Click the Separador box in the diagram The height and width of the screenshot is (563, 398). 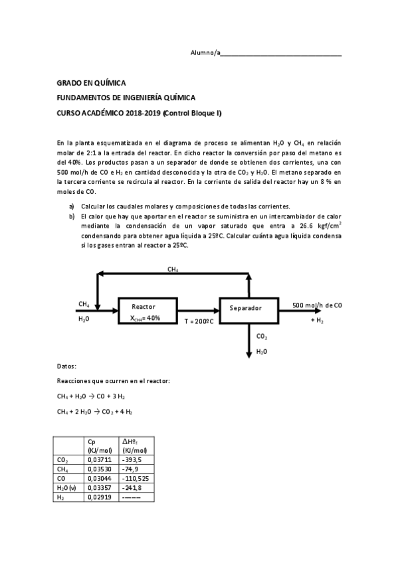coord(249,309)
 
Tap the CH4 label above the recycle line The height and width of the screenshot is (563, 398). coord(173,269)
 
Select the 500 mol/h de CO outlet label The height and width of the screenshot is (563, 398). coord(317,305)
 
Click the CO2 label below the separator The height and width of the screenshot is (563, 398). coord(261,337)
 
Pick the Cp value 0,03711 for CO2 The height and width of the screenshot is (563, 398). coord(98,459)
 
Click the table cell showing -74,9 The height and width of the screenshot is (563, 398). coord(130,468)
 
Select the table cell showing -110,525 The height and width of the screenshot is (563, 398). coord(135,477)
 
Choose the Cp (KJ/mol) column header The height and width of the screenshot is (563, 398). coord(100,445)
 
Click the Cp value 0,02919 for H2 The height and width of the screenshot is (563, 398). coord(98,496)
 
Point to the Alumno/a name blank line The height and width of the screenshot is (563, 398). coord(282,53)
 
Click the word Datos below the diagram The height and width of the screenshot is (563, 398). coord(67,366)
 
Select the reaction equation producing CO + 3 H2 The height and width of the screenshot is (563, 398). coord(91,396)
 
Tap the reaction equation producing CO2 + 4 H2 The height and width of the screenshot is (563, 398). coord(95,412)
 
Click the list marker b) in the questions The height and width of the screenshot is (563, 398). coord(72,216)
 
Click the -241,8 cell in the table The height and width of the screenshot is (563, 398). coord(132,487)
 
